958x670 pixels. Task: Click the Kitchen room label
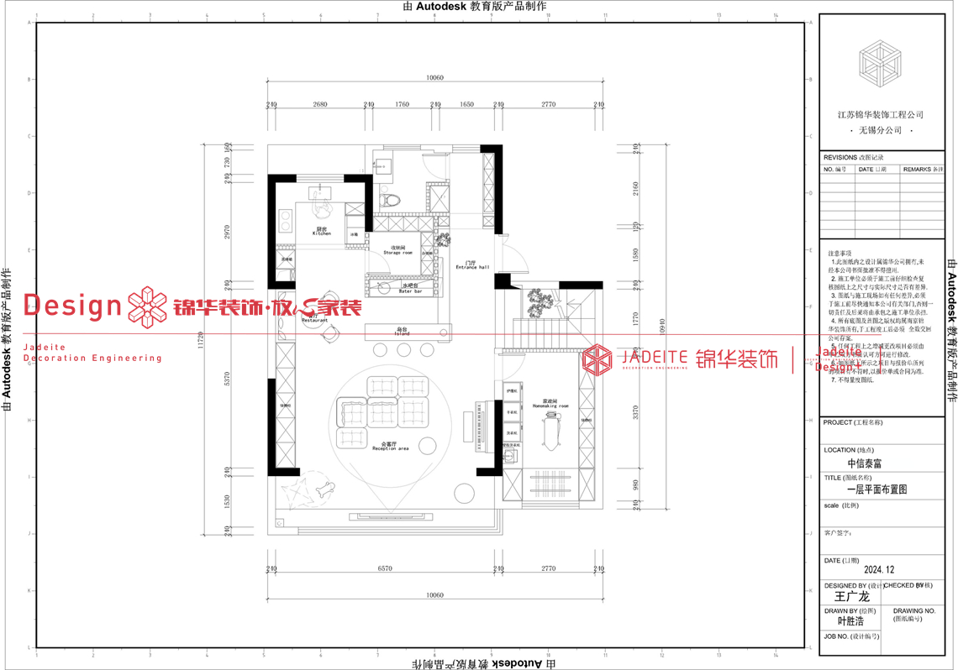tap(322, 231)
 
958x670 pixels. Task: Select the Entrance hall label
tap(466, 265)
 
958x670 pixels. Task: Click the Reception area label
tap(390, 446)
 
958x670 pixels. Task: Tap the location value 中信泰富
tap(865, 463)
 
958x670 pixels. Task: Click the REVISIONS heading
tap(840, 157)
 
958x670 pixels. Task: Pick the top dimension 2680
tap(319, 104)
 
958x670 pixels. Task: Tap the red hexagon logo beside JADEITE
tap(597, 359)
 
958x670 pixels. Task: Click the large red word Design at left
tap(74, 306)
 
